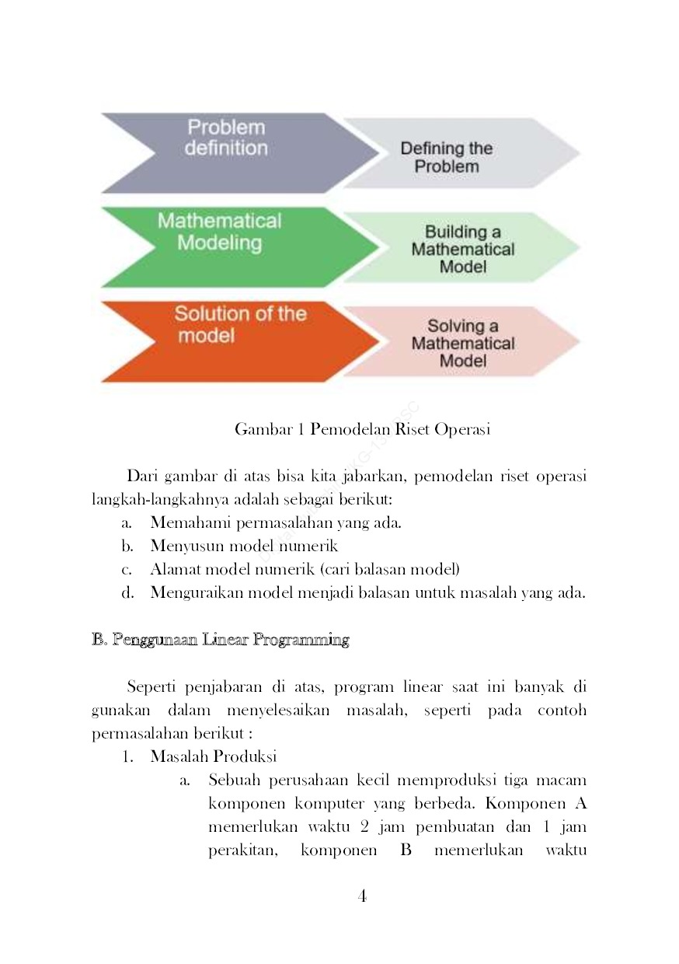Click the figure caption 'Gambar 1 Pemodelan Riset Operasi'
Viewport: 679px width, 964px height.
[362, 429]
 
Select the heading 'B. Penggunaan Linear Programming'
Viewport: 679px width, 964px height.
[221, 640]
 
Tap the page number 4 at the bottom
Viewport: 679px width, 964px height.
[362, 896]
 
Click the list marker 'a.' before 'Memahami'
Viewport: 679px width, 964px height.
[127, 522]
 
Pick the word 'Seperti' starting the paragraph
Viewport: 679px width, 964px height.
[151, 687]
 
